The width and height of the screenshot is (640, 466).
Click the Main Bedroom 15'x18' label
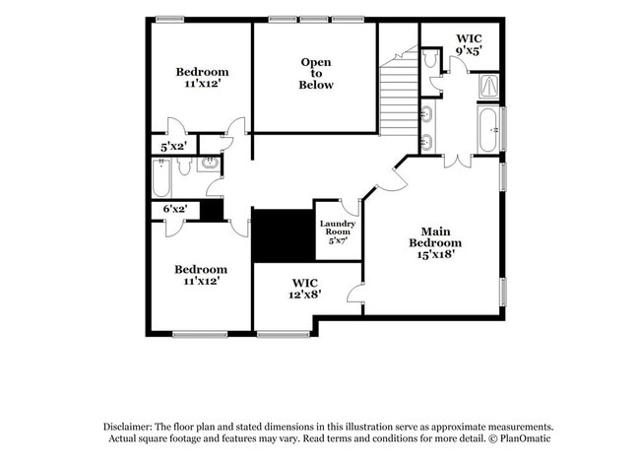click(x=435, y=243)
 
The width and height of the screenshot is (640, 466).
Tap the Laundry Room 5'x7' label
click(x=338, y=232)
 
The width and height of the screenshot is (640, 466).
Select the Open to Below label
click(x=316, y=74)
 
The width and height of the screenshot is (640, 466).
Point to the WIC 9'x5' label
click(x=469, y=44)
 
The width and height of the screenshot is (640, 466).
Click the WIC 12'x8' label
click(x=305, y=289)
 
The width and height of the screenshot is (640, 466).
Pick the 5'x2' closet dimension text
click(x=173, y=146)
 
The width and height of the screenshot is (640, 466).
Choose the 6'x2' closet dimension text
click(x=175, y=209)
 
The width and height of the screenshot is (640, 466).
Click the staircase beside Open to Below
click(x=399, y=91)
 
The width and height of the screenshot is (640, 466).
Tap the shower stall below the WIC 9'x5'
click(x=488, y=86)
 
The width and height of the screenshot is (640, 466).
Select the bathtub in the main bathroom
click(x=488, y=129)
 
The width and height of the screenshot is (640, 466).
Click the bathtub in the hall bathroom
click(x=161, y=178)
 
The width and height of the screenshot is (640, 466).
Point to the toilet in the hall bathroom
click(x=184, y=166)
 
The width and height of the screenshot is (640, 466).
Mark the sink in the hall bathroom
click(x=210, y=164)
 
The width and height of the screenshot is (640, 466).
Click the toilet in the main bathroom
click(x=430, y=58)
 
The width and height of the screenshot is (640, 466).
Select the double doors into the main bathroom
click(x=458, y=162)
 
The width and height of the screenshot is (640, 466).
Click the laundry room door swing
click(x=351, y=208)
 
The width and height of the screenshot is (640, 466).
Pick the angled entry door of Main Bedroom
click(x=393, y=176)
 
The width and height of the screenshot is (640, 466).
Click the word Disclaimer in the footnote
click(x=127, y=428)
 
